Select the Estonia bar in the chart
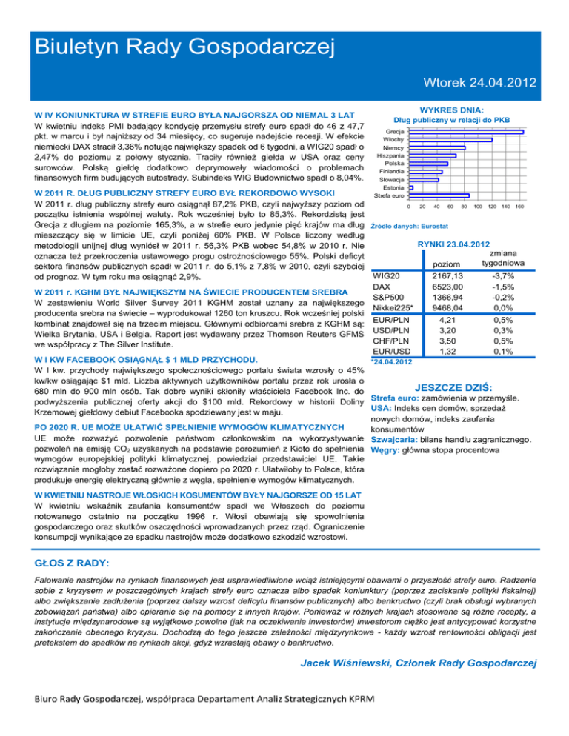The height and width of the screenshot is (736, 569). (410, 188)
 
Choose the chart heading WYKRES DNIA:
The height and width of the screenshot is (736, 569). (451, 108)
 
